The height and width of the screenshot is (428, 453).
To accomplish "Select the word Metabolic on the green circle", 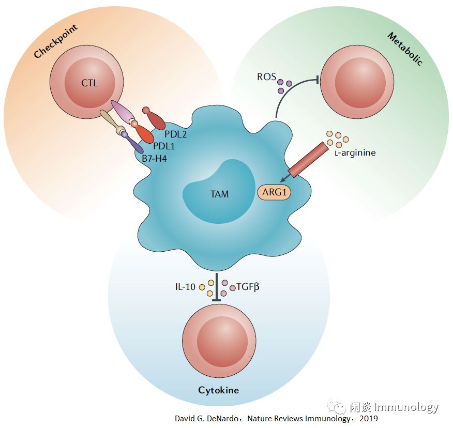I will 405,49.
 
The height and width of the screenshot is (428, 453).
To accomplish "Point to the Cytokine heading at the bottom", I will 219,390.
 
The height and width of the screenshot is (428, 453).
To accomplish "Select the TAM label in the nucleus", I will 220,194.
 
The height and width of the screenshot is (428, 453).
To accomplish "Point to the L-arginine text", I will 354,153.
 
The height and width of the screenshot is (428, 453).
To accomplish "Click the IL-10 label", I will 186,286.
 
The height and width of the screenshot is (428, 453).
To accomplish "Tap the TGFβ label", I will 248,286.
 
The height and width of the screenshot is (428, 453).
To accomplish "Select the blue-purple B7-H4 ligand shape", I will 132,143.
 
